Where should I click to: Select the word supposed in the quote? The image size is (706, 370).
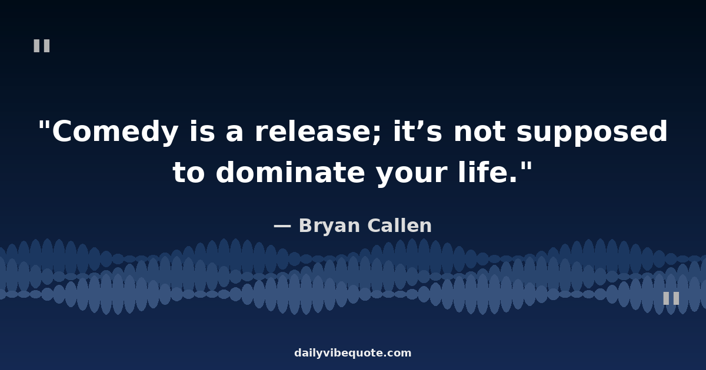coord(592,132)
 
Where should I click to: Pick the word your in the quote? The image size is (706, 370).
coord(412,174)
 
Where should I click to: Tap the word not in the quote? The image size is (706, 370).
coord(480,132)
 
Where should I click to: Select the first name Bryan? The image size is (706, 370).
coord(329,227)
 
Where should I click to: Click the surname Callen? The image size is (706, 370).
coord(399,226)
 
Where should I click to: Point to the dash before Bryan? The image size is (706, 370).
coord(282,226)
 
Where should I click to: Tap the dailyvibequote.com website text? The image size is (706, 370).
coord(352,353)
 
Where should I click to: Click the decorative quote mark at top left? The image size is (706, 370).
coord(42,46)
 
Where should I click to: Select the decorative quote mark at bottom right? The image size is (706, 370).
coord(671,298)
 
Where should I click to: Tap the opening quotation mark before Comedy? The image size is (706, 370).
coord(44,125)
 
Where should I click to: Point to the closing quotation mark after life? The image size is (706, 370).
coord(527,166)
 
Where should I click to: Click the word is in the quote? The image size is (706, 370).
coord(202,131)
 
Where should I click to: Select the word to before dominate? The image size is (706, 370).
coord(189,173)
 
